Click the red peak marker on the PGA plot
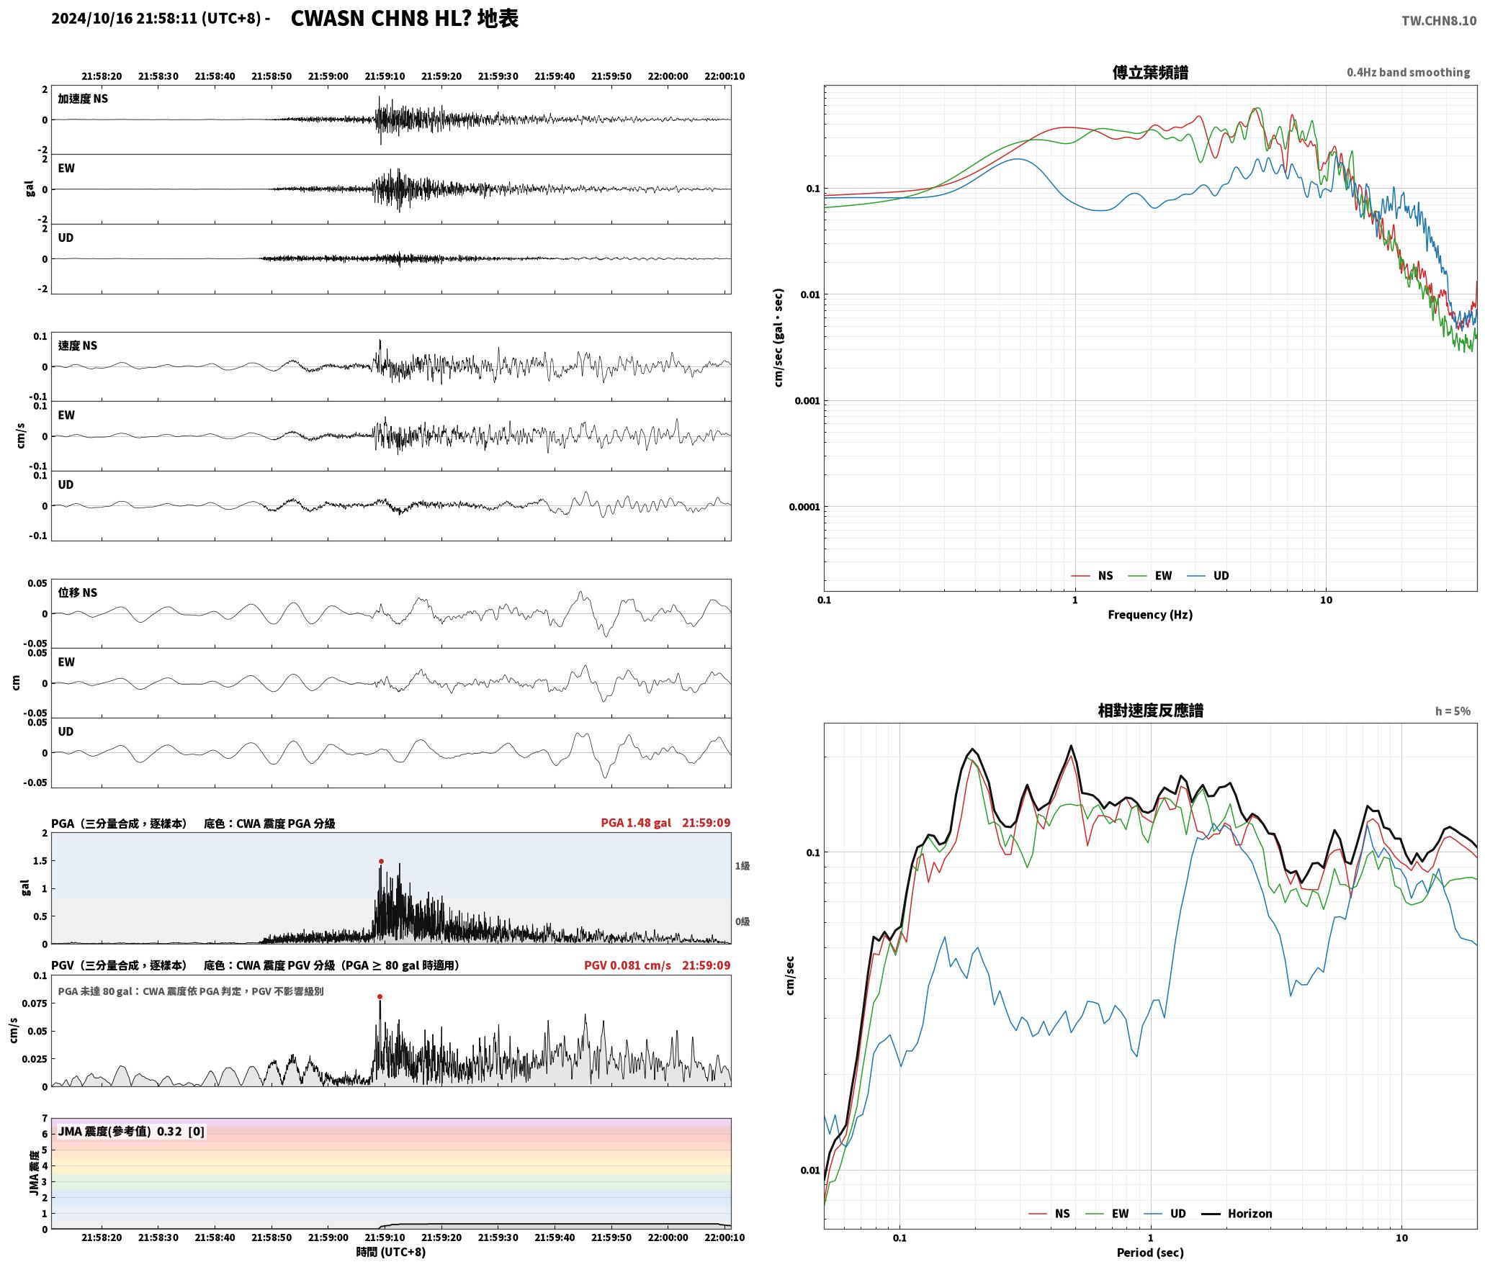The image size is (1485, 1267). [x=381, y=861]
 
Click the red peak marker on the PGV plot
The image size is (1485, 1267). [x=380, y=996]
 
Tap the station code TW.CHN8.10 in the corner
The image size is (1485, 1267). [x=1438, y=21]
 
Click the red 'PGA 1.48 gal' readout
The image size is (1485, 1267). [x=636, y=823]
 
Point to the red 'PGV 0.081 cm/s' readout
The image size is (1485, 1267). [x=627, y=965]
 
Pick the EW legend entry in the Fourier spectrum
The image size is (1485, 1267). [x=1150, y=575]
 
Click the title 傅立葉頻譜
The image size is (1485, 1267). [x=1150, y=73]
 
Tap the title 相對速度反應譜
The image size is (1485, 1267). [x=1150, y=711]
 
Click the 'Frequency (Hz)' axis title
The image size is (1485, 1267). [x=1150, y=614]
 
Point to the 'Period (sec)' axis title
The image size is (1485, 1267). [x=1150, y=1252]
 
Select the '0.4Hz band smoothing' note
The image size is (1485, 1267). [x=1408, y=73]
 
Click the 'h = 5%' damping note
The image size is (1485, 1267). [x=1453, y=711]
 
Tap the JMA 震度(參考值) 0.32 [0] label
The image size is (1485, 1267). [x=131, y=1132]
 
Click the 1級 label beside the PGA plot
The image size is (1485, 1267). [x=742, y=866]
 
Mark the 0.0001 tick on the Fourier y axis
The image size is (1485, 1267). [x=804, y=507]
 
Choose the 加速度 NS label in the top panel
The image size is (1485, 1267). [x=83, y=99]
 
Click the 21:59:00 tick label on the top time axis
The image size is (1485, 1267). [x=328, y=76]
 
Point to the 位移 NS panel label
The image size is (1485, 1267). [x=78, y=592]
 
